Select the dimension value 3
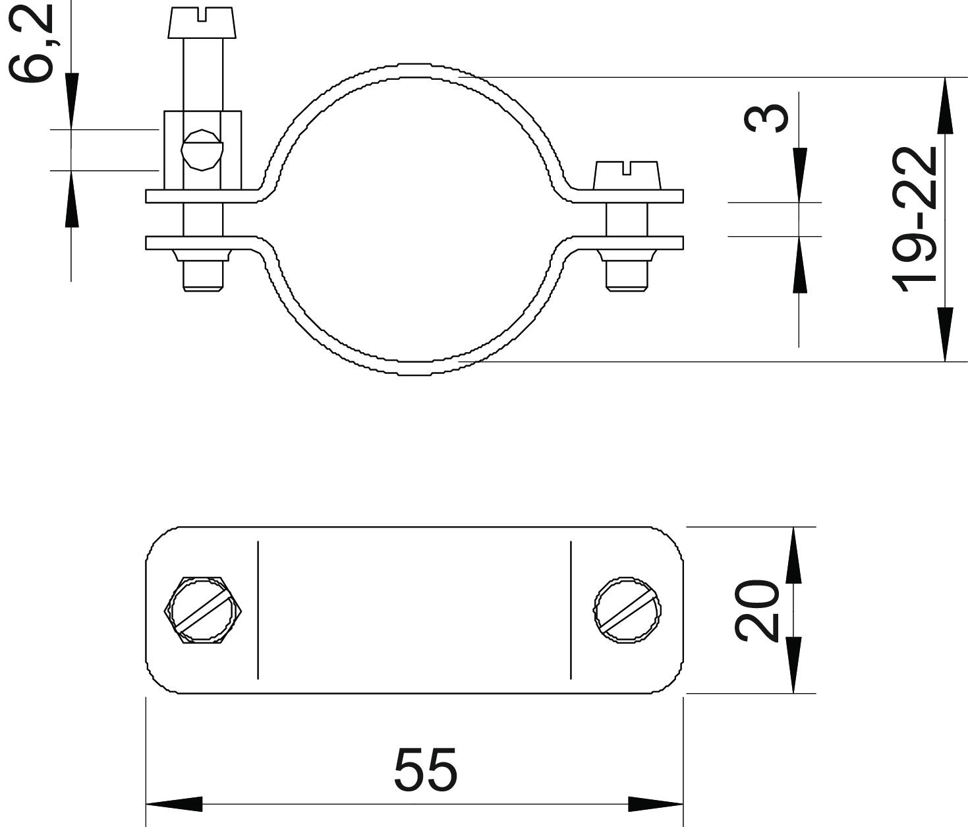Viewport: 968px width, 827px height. (766, 118)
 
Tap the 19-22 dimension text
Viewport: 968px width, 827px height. (915, 220)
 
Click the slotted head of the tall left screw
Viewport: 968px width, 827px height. (202, 22)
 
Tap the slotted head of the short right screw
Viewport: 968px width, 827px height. (627, 175)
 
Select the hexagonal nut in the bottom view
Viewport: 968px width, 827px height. (202, 611)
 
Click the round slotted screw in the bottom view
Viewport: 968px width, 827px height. (627, 611)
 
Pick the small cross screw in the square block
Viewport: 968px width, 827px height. (202, 150)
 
